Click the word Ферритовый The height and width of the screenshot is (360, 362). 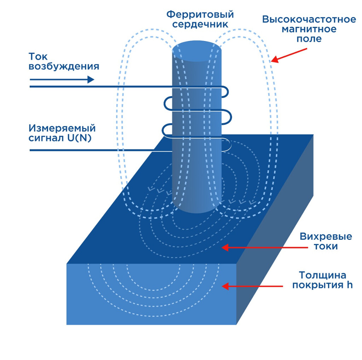click(x=200, y=14)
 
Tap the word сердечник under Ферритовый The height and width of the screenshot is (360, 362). click(x=200, y=24)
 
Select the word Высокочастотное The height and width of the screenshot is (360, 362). click(x=309, y=19)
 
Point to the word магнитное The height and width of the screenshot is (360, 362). click(x=309, y=29)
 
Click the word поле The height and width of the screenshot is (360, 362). click(x=309, y=39)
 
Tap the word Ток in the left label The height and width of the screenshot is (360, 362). click(x=38, y=57)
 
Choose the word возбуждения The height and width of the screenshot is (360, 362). click(x=64, y=66)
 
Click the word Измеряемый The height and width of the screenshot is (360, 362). click(x=62, y=128)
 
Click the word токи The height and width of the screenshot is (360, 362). click(x=326, y=246)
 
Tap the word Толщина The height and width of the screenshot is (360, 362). click(x=322, y=275)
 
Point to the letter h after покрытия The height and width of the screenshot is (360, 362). click(x=349, y=285)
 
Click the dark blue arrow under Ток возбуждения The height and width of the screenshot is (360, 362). click(x=62, y=80)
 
